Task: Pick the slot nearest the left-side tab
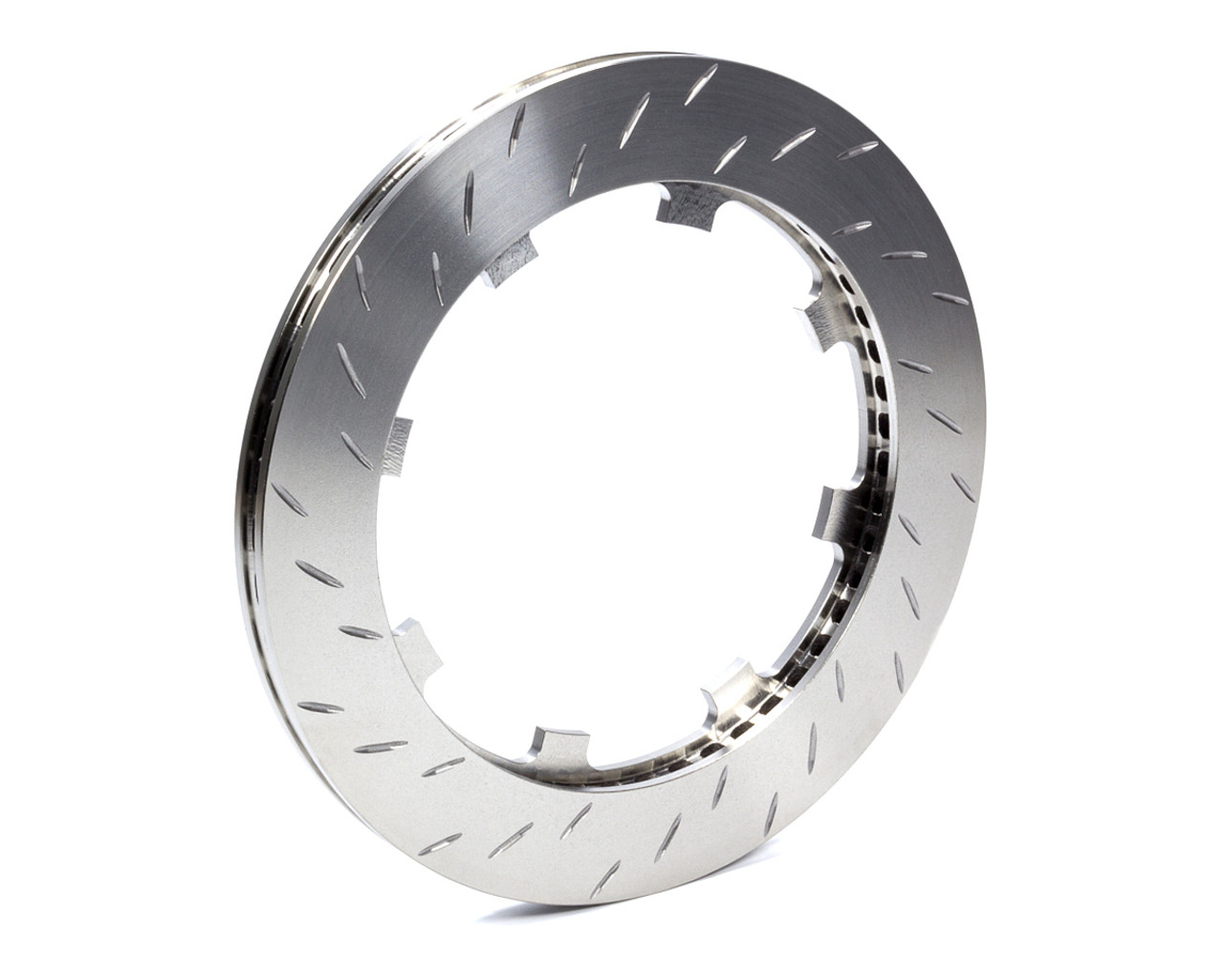[356, 449]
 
